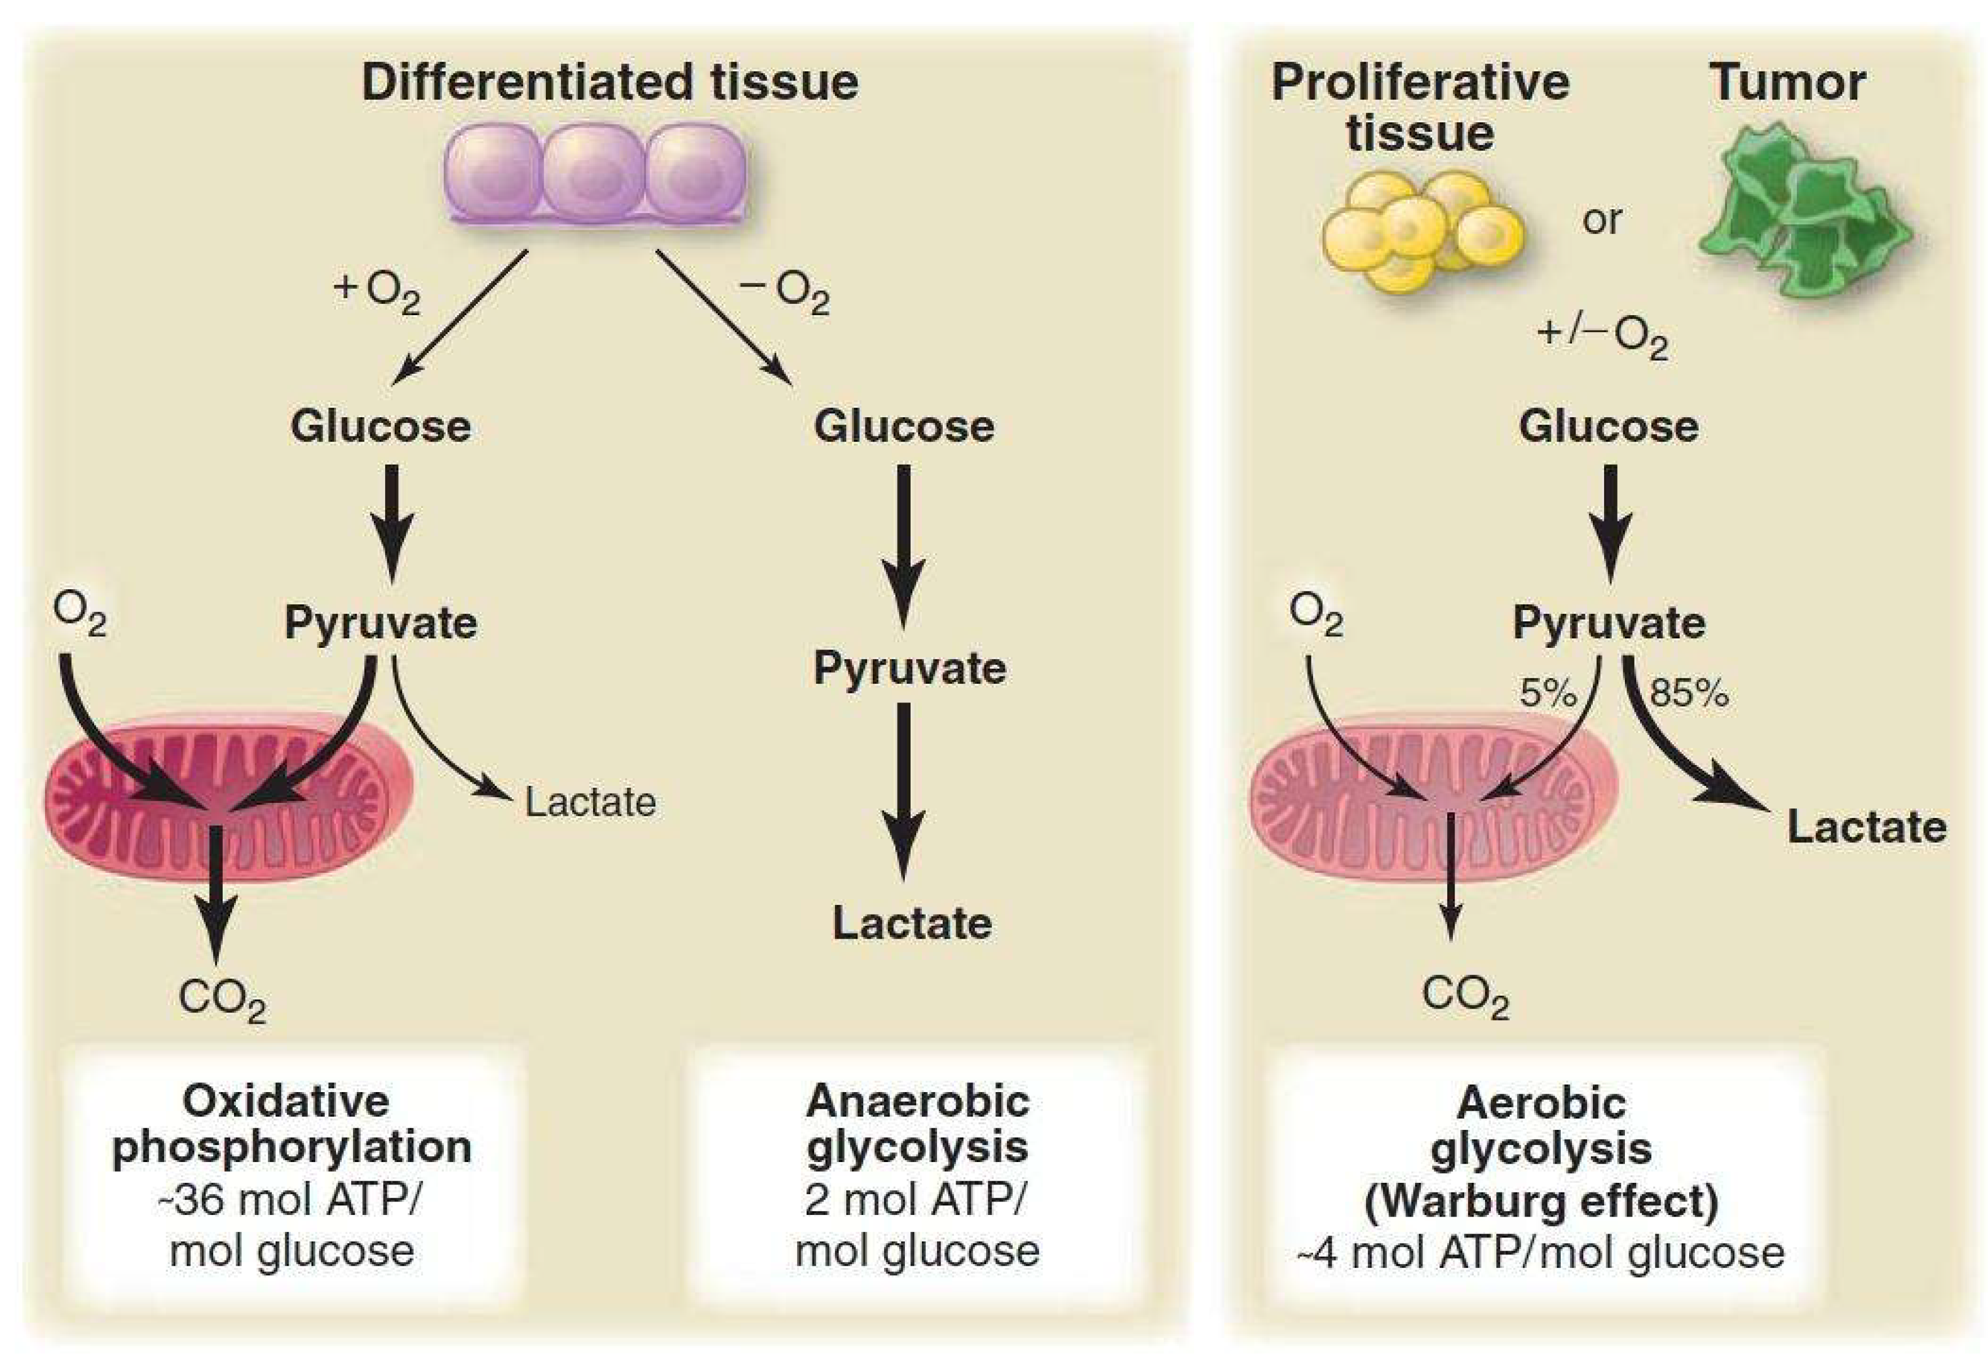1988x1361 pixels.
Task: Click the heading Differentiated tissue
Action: (610, 83)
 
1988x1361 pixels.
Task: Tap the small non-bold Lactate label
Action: (590, 802)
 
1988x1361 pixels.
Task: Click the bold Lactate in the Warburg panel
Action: (1867, 827)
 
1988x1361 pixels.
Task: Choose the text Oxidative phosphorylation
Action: (291, 1123)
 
